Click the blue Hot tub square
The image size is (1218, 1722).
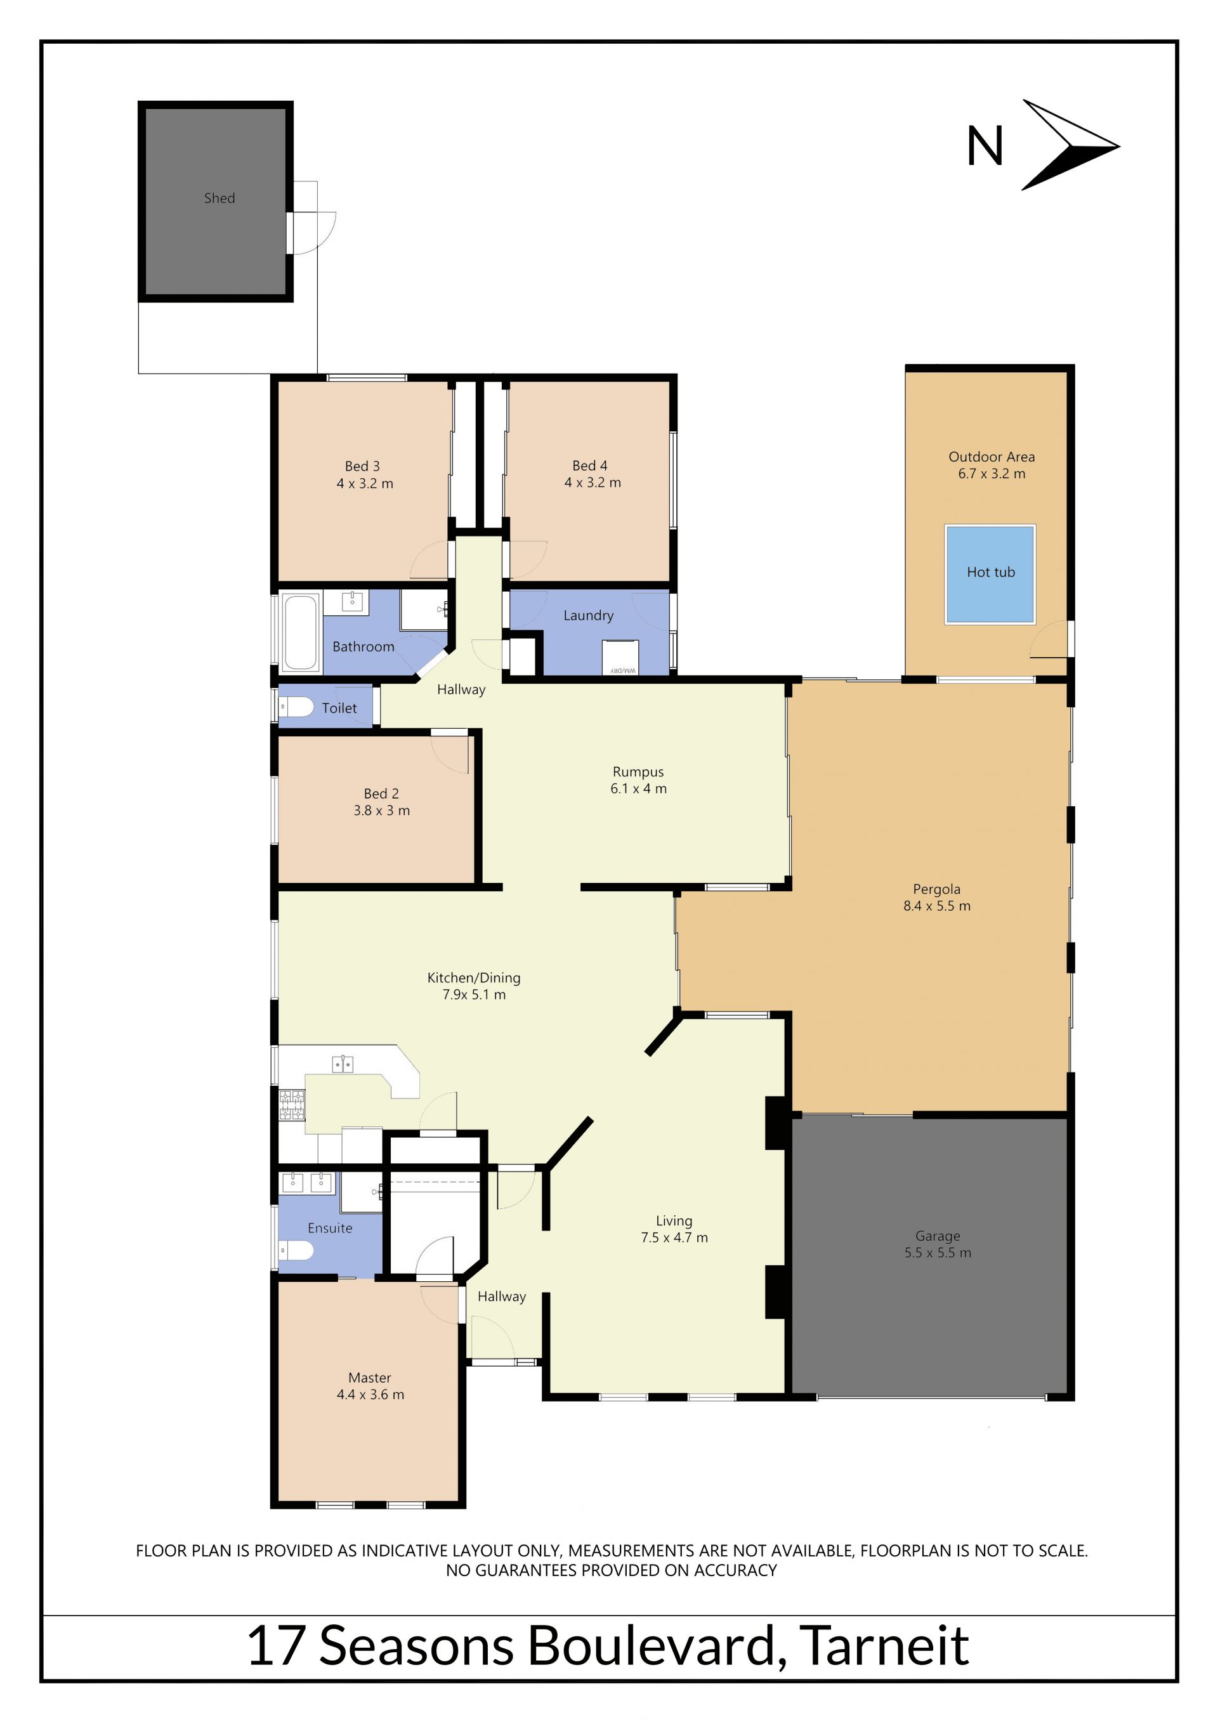[990, 574]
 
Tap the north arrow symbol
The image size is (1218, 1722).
[1070, 145]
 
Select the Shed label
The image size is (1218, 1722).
[219, 198]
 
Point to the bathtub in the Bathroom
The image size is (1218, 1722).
[301, 632]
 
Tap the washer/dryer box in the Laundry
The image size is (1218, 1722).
[620, 658]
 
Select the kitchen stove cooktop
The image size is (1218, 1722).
[292, 1105]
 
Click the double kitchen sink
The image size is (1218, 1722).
[343, 1064]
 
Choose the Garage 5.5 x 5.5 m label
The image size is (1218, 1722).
[938, 1244]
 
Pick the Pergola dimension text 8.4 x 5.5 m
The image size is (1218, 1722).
[937, 906]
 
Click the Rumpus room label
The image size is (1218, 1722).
[638, 772]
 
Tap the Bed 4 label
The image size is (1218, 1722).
[589, 466]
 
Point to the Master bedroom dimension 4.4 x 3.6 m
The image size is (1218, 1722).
[370, 1394]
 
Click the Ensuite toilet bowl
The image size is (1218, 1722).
[296, 1249]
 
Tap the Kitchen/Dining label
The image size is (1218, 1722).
[474, 978]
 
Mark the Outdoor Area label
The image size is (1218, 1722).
[992, 457]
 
